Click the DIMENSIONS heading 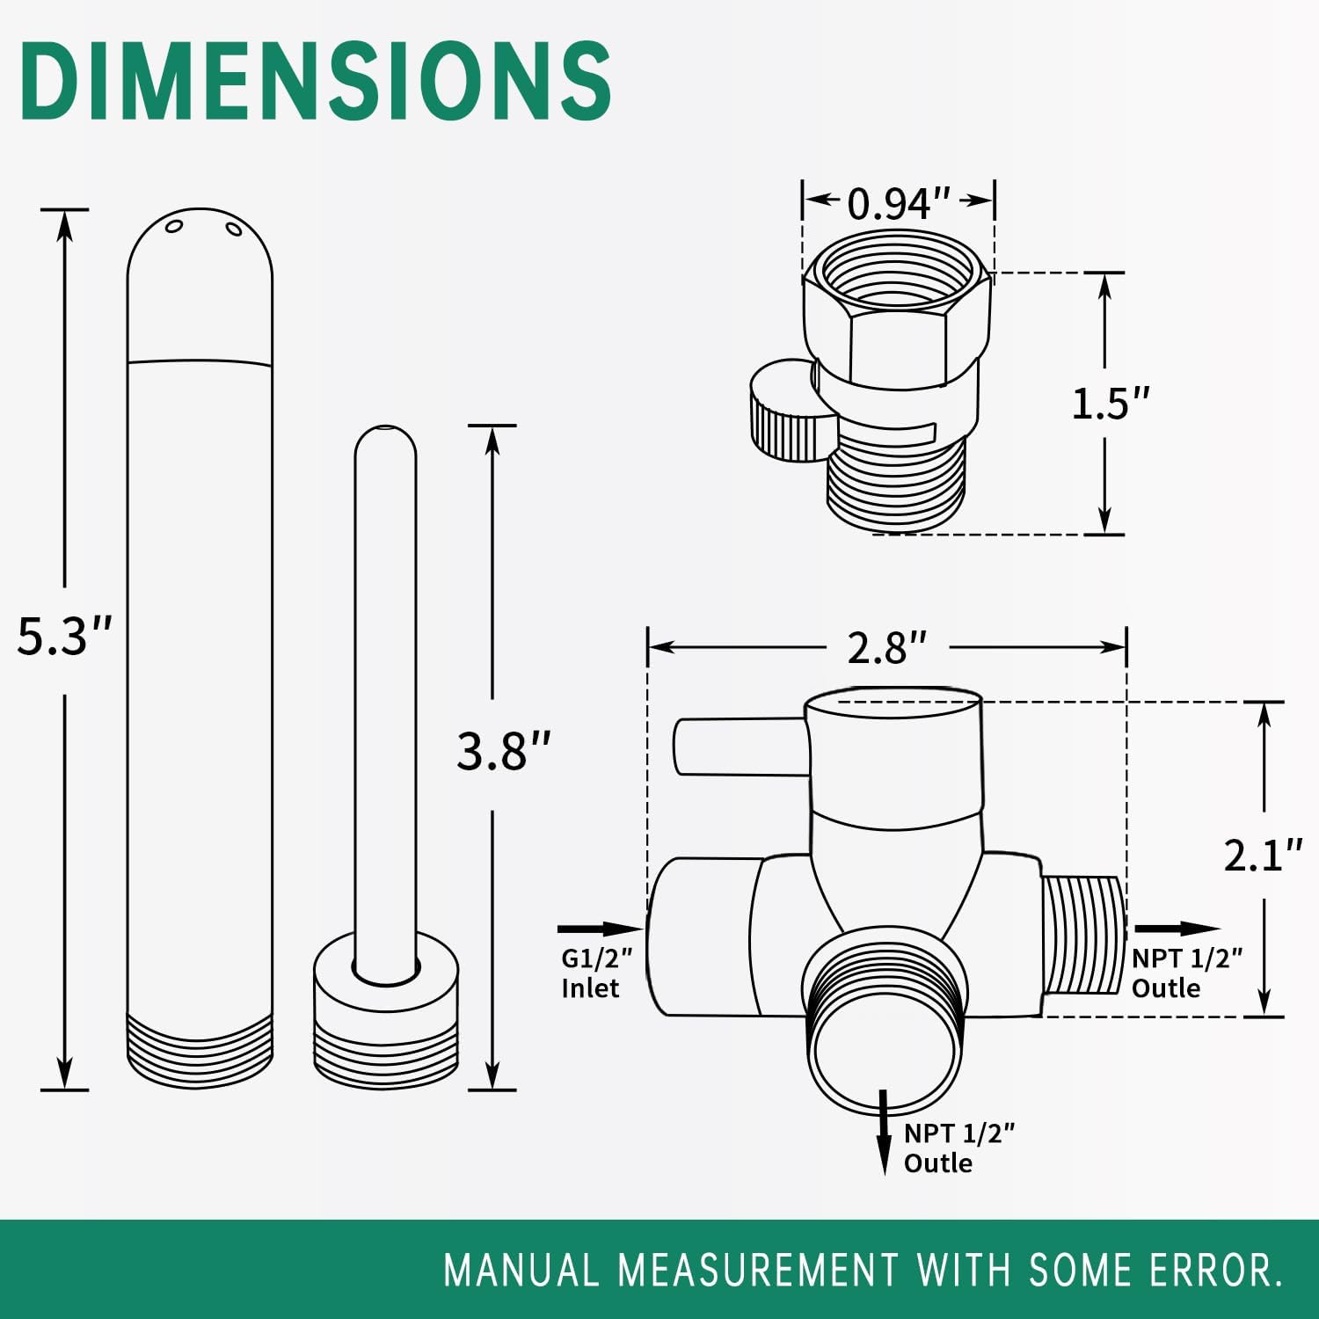pos(315,81)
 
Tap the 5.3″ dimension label pos(64,636)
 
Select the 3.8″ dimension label pos(503,751)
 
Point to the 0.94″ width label pos(898,203)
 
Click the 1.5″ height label pos(1111,403)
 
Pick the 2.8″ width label pos(886,648)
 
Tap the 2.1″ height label pos(1264,855)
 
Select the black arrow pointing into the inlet pos(601,929)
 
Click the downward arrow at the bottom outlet pos(885,1133)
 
